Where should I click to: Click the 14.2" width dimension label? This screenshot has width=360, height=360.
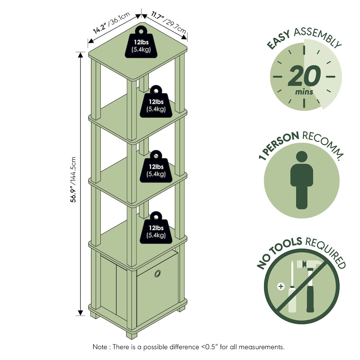click(x=111, y=22)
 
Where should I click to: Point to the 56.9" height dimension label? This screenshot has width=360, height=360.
click(x=73, y=179)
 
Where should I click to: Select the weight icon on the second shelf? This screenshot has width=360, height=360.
click(x=156, y=102)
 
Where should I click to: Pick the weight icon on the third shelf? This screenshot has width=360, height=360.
click(x=156, y=166)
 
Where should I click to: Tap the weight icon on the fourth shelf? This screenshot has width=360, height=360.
click(x=156, y=228)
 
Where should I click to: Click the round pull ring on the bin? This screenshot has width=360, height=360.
click(x=158, y=274)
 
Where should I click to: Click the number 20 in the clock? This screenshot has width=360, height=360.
click(x=304, y=76)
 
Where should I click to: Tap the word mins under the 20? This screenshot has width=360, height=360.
click(x=304, y=92)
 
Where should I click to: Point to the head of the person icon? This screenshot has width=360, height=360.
click(x=302, y=157)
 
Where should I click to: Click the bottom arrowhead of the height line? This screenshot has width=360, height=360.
click(x=80, y=312)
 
